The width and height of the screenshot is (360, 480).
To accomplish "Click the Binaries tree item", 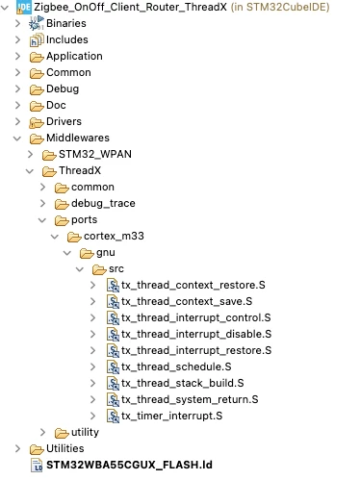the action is pyautogui.click(x=66, y=23).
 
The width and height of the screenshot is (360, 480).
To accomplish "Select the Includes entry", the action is pyautogui.click(x=67, y=39).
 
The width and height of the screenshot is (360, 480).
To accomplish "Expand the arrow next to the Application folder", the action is pyautogui.click(x=17, y=56).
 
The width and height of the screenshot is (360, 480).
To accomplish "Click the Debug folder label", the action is pyautogui.click(x=63, y=88).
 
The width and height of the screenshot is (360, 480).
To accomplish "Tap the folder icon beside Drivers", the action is pyautogui.click(x=37, y=122).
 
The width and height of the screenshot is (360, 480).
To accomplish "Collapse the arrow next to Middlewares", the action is pyautogui.click(x=17, y=139).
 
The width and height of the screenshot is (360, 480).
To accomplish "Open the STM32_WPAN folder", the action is pyautogui.click(x=95, y=154).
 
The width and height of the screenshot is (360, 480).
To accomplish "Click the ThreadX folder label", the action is pyautogui.click(x=80, y=170).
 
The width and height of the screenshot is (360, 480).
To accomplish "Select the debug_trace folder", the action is pyautogui.click(x=103, y=203).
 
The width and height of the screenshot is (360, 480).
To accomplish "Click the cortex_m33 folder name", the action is pyautogui.click(x=114, y=236).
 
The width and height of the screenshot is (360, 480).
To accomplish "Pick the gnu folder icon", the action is pyautogui.click(x=87, y=253).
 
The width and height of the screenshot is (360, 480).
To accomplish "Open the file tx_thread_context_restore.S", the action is pyautogui.click(x=193, y=285).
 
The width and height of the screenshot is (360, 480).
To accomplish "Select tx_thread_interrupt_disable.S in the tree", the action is pyautogui.click(x=196, y=334).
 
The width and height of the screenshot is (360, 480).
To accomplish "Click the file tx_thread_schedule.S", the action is pyautogui.click(x=176, y=366).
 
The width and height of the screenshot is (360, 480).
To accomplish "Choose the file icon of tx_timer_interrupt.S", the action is pyautogui.click(x=114, y=416).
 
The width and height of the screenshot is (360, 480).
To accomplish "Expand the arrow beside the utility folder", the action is pyautogui.click(x=42, y=432).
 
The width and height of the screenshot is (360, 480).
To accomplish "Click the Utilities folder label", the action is pyautogui.click(x=65, y=448).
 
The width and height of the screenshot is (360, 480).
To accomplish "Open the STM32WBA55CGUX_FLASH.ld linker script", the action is pyautogui.click(x=129, y=465).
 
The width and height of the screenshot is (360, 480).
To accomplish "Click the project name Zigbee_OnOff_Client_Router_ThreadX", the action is pyautogui.click(x=130, y=7).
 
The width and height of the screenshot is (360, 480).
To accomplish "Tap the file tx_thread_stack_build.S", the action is pyautogui.click(x=183, y=383).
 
